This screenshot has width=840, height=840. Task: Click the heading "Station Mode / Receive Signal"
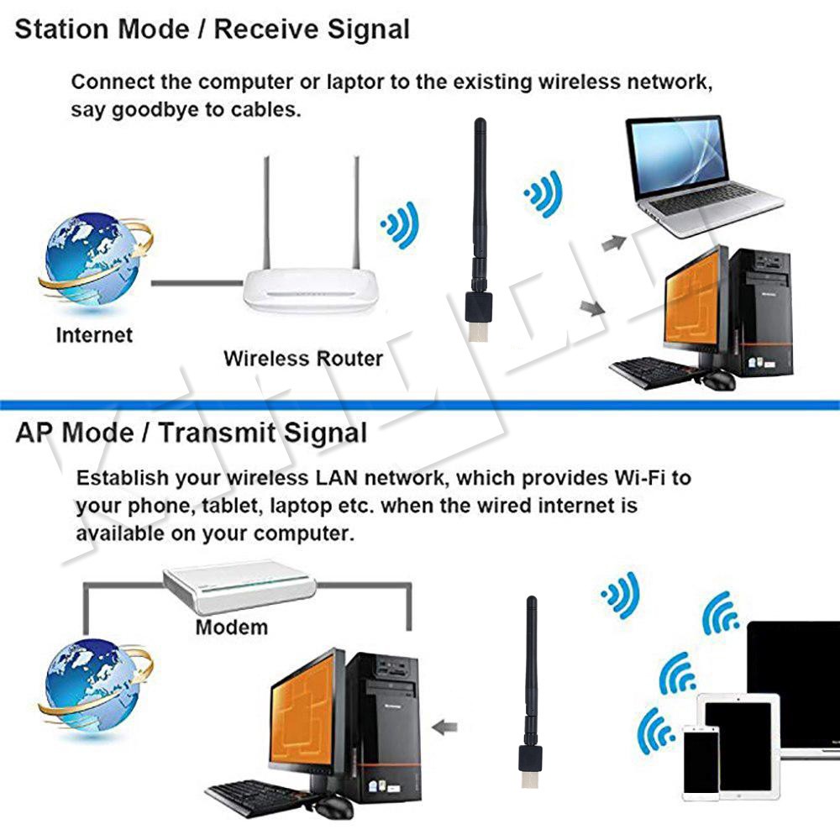click(x=213, y=29)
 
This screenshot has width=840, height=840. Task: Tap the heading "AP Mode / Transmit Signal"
click(x=192, y=433)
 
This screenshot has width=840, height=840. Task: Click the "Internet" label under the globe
click(x=94, y=335)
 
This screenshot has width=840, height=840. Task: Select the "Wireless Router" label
click(x=303, y=359)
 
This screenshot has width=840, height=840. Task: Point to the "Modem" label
click(x=232, y=627)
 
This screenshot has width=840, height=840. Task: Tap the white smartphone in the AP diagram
click(x=701, y=761)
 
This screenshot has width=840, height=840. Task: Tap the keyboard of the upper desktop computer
click(x=651, y=370)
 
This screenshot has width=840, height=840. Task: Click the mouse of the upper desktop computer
click(x=717, y=381)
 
